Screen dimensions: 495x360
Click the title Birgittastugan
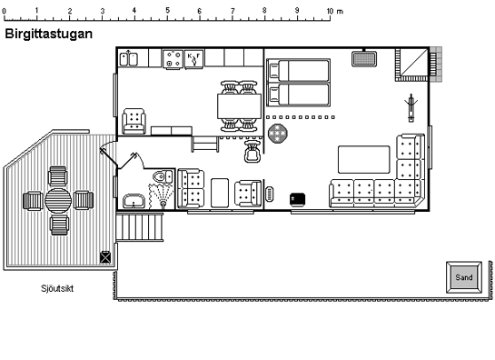(x=49, y=34)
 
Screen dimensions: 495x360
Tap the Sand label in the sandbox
(x=464, y=277)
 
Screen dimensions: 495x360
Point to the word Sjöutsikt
(x=57, y=288)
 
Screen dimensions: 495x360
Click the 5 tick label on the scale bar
(x=167, y=10)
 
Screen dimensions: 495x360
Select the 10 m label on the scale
(x=334, y=11)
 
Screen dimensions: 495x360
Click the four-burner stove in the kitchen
(x=173, y=59)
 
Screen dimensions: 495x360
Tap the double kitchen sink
(x=129, y=59)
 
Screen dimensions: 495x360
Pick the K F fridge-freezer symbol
(x=193, y=59)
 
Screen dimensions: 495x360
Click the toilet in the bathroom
(x=163, y=176)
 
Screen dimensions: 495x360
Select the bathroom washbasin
(x=134, y=201)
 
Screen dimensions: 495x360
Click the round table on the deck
(x=58, y=200)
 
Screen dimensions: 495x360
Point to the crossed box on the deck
(x=105, y=257)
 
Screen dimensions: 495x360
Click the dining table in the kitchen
(x=239, y=106)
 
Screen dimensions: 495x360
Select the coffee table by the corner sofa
(x=363, y=160)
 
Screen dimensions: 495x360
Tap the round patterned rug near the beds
(x=278, y=134)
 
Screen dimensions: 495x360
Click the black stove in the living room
(x=297, y=199)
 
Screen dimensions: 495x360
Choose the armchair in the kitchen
(x=134, y=121)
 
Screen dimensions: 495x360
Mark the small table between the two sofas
(x=220, y=193)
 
